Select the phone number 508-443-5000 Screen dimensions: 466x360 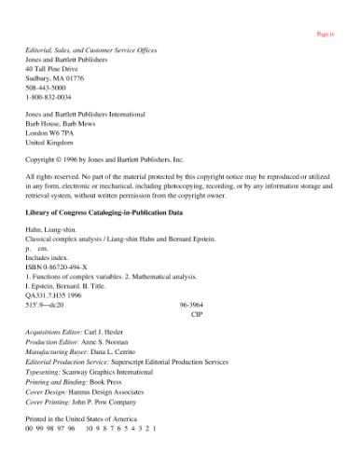point(46,88)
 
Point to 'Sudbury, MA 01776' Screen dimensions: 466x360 point(54,78)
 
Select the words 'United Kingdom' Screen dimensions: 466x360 point(49,143)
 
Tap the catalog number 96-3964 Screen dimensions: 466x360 point(190,304)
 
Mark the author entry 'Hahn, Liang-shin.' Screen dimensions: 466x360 point(52,230)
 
